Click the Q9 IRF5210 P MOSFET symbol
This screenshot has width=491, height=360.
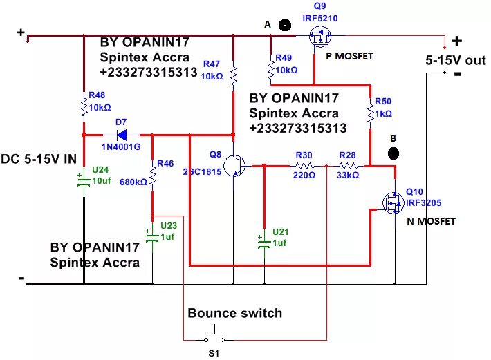(319, 36)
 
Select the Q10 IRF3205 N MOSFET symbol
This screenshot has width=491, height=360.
(393, 202)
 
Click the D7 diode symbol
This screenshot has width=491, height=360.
(122, 135)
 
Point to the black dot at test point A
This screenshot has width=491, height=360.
(285, 25)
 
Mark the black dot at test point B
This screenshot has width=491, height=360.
(393, 153)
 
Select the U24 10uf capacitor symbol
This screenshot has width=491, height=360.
(84, 180)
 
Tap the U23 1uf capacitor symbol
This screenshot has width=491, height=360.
(152, 236)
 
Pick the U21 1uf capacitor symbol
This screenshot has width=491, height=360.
(264, 243)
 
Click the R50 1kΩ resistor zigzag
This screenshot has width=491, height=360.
(371, 113)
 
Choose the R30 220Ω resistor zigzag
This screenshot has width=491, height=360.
(304, 166)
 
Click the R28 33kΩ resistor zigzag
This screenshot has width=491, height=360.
(348, 166)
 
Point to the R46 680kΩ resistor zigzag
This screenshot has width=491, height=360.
(153, 176)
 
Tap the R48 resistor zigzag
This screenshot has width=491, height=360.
(84, 107)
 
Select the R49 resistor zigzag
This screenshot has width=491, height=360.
(271, 70)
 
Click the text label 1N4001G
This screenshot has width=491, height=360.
(121, 146)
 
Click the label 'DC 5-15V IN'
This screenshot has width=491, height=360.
(39, 159)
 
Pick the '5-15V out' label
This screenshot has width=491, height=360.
(456, 60)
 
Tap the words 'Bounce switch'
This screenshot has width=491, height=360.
(235, 313)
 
